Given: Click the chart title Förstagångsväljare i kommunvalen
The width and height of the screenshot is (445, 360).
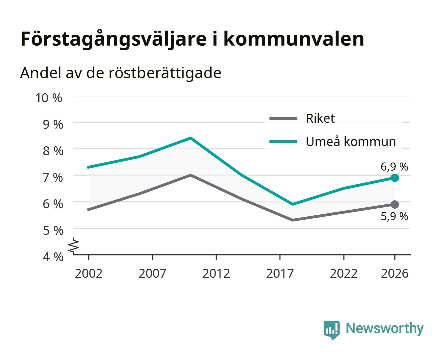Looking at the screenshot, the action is click(192, 39).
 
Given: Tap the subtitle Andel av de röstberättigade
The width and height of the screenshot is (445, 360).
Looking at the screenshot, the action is click(121, 73).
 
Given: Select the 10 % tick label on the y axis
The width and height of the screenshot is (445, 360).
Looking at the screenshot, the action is click(49, 98).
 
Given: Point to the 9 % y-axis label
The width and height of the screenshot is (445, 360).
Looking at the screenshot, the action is click(53, 124).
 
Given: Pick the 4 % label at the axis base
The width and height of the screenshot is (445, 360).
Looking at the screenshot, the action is click(53, 257).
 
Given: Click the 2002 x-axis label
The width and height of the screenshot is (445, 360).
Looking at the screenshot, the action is click(89, 273).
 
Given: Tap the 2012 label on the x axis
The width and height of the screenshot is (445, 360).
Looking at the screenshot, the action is click(216, 273).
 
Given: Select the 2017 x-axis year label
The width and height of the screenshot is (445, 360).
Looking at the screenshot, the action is click(280, 273).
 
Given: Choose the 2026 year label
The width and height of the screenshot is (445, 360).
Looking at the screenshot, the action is click(394, 273).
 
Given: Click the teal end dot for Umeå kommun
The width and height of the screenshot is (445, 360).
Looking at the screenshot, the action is click(395, 178).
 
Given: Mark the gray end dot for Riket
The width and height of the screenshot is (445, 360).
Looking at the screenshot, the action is click(395, 204).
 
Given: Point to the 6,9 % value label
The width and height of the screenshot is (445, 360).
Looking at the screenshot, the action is click(394, 167).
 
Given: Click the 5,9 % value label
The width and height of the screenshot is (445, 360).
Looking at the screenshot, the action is click(394, 216).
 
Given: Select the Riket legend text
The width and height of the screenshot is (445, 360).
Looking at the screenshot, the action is click(320, 118).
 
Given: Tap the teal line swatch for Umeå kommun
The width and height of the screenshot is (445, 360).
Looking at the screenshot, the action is click(283, 142).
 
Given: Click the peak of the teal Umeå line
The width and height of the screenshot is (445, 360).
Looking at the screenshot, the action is click(190, 138).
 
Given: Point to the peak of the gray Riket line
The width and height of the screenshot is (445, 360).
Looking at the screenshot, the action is click(190, 175).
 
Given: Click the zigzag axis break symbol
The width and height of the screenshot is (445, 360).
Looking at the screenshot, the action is click(74, 246).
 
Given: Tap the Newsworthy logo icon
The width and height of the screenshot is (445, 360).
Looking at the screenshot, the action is click(331, 330).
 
